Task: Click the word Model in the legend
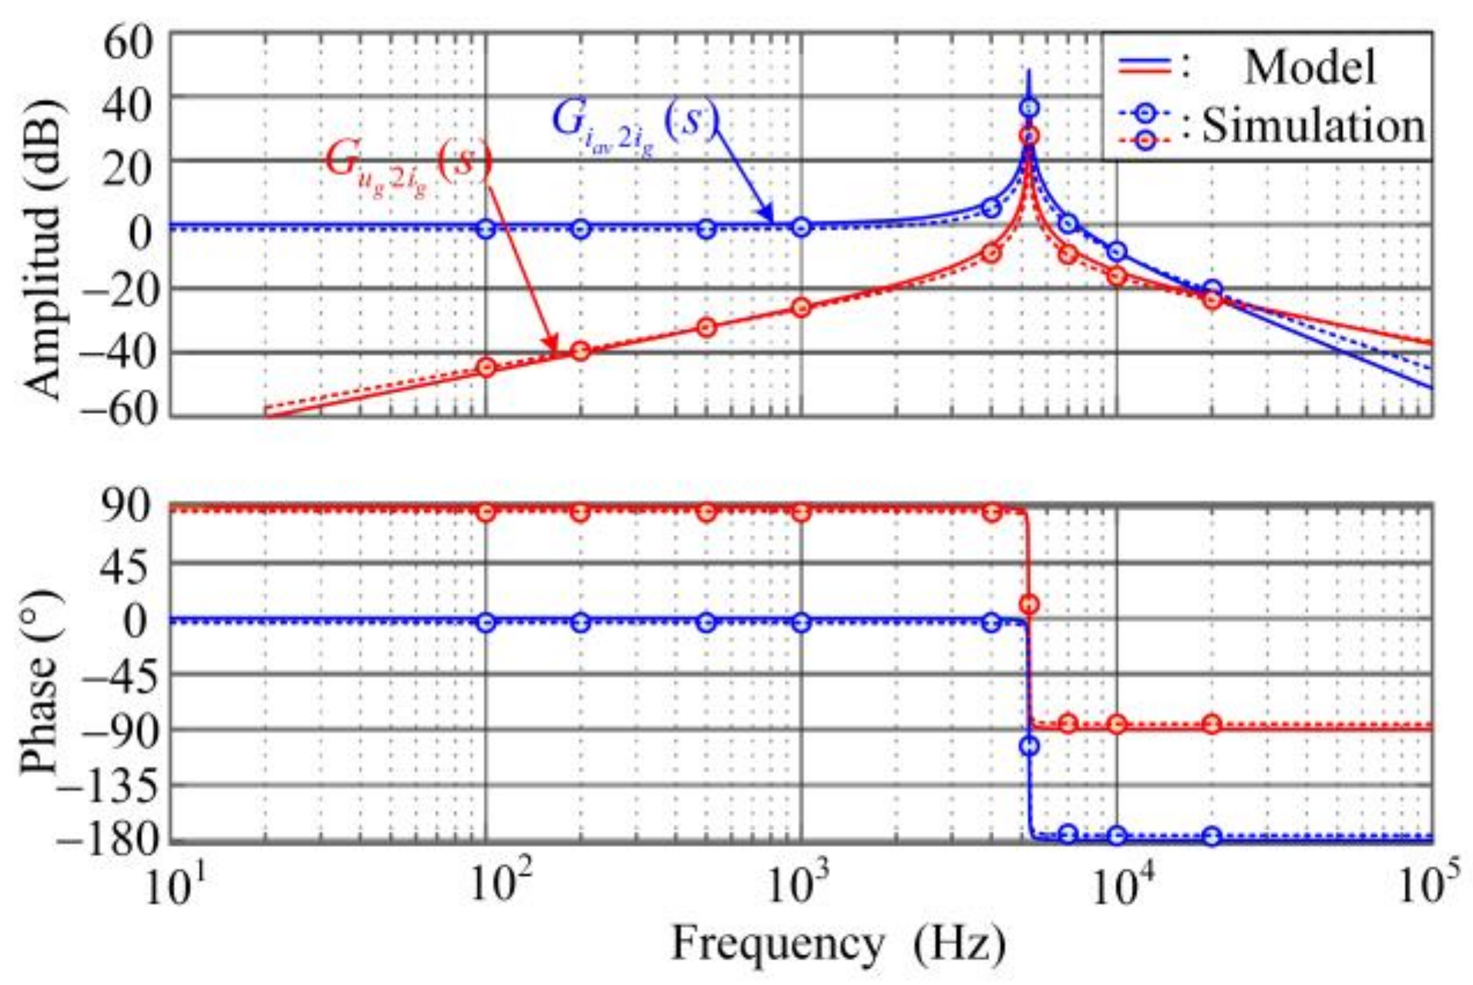(1309, 67)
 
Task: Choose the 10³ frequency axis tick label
(802, 886)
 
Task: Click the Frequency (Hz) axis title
(839, 943)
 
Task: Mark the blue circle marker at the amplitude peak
(1029, 108)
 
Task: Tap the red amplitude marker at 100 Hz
(486, 367)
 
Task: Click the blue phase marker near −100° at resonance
(1029, 746)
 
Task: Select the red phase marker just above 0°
(1029, 604)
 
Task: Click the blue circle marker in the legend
(1146, 113)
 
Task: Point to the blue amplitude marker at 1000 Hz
(802, 227)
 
